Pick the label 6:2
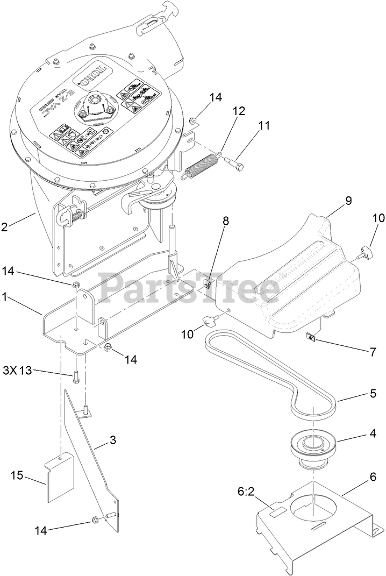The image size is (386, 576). click(246, 491)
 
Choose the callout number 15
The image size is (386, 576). click(17, 475)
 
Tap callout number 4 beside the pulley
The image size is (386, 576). click(356, 431)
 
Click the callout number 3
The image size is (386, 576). click(112, 440)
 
